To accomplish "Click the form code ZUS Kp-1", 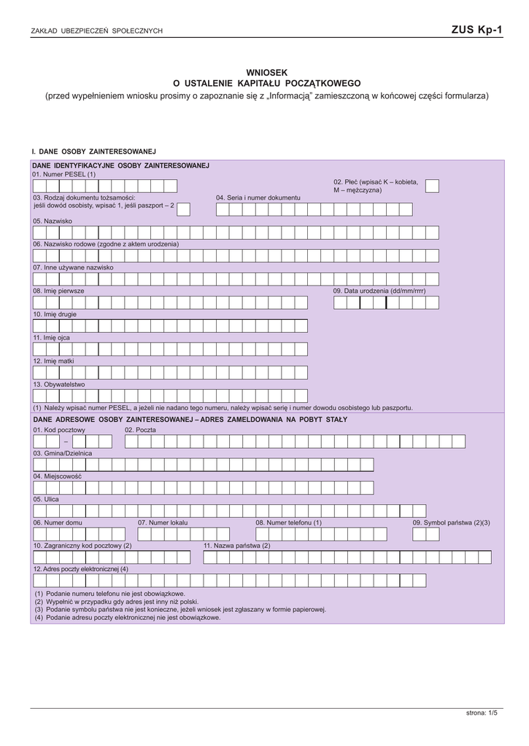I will [x=476, y=30].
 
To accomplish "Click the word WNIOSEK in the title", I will [x=266, y=72].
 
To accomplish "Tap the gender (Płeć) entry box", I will [x=432, y=186].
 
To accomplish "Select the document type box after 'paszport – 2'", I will [x=184, y=209].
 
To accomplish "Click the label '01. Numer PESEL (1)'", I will [x=63, y=174].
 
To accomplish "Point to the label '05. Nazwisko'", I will [x=53, y=221].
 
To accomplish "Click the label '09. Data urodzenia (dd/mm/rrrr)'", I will [x=379, y=291].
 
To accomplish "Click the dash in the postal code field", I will [x=65, y=442].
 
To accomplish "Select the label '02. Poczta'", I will [x=140, y=430].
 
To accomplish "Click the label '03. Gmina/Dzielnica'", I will [x=63, y=453].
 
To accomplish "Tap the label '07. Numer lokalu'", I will [x=163, y=522].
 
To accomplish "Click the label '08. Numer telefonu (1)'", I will [x=288, y=522].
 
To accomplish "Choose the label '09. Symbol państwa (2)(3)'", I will [x=451, y=522].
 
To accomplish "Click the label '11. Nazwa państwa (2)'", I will [x=236, y=546].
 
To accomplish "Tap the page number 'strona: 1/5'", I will [x=482, y=712].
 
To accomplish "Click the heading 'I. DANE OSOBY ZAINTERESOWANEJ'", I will [x=94, y=151].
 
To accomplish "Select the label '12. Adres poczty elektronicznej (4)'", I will [x=80, y=569].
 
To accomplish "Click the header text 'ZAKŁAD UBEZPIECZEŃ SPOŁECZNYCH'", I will [x=97, y=31].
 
